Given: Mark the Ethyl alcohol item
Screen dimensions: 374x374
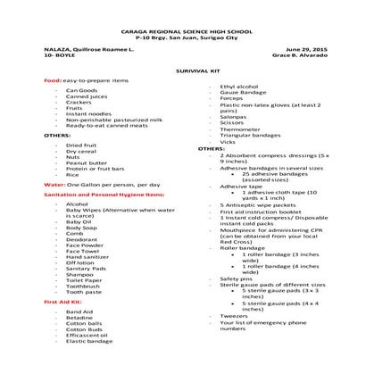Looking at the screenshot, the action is tap(239, 87).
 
